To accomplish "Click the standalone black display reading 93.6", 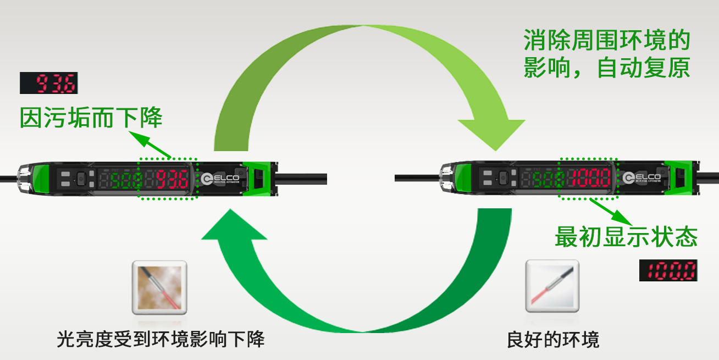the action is click(x=49, y=83).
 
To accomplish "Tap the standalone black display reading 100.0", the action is click(x=668, y=270).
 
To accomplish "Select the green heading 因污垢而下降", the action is click(x=91, y=118).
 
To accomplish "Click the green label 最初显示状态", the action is click(x=626, y=237).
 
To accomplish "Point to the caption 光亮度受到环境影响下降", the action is click(x=161, y=339).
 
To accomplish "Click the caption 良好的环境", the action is click(x=553, y=340).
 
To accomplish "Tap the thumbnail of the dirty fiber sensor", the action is click(x=159, y=287).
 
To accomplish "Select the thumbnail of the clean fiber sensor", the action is click(x=552, y=286).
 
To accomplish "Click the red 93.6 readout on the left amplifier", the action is click(x=173, y=179).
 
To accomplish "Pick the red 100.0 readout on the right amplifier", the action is click(x=590, y=178).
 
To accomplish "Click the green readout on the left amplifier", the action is click(x=126, y=180).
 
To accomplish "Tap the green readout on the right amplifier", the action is click(x=548, y=179).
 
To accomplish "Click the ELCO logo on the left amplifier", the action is click(x=220, y=179).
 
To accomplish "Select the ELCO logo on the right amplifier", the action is click(x=641, y=178).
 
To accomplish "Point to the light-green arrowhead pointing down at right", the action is click(x=491, y=135).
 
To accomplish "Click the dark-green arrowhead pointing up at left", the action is click(x=234, y=224).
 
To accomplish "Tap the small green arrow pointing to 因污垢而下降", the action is click(x=150, y=145).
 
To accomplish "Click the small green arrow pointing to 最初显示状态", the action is click(x=611, y=212).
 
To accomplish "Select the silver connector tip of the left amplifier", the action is click(x=24, y=179).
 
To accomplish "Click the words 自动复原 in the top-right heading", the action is click(x=643, y=68).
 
